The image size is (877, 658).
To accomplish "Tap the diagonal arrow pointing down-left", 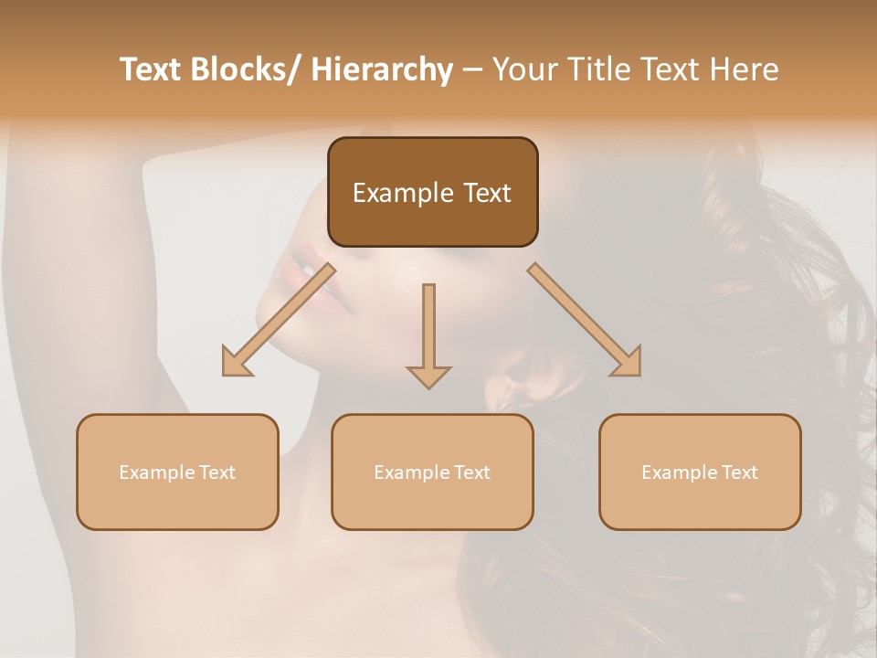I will [279, 320].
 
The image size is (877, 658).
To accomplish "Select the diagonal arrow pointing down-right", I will [585, 320].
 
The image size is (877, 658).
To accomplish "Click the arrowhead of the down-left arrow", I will [235, 364].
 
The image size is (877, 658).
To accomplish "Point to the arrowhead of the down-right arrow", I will [628, 363].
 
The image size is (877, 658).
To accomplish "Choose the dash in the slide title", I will [471, 69].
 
